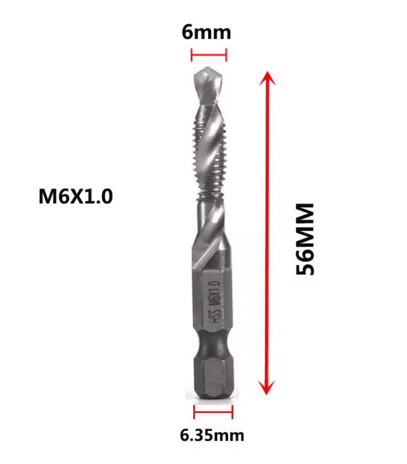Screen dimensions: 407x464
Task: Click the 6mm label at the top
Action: pos(206,32)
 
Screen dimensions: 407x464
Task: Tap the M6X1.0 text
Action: pos(76,196)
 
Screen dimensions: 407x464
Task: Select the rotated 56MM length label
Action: pos(305,239)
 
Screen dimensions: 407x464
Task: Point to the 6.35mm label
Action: pos(212,435)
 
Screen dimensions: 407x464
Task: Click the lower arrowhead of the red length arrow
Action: pos(267,388)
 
